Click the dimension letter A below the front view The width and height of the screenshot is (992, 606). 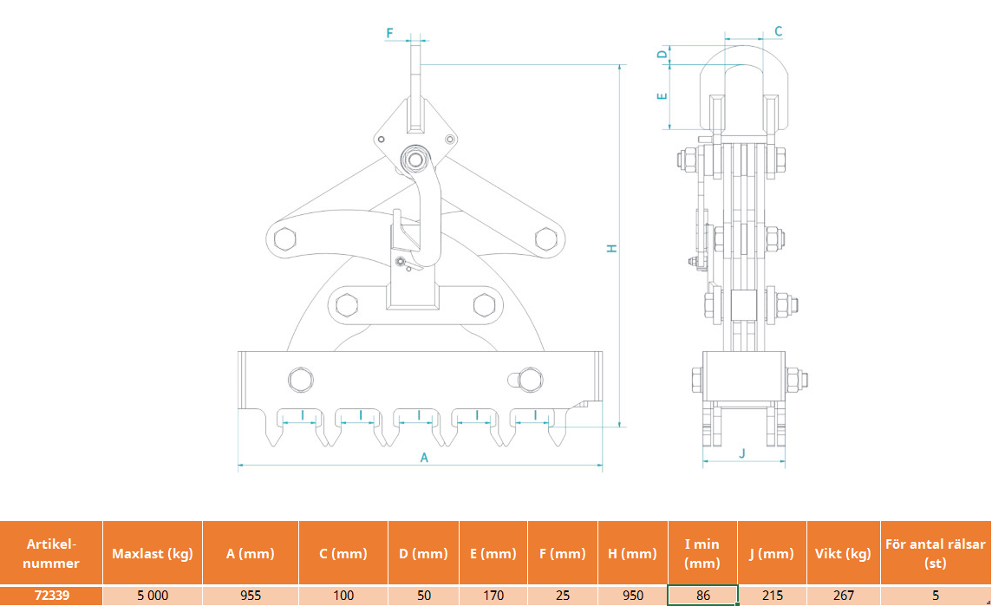coord(424,458)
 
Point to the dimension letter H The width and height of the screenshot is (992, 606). coord(612,249)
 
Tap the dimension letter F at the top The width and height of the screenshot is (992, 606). coord(389,33)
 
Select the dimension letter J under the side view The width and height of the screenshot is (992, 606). coord(743,453)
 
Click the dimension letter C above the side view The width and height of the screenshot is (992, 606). coord(778,31)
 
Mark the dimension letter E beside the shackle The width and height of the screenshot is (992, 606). coord(662,97)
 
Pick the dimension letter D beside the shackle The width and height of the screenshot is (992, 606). coord(662,54)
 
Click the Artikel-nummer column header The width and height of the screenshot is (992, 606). coord(51,553)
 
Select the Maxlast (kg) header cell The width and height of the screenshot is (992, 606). coord(153,553)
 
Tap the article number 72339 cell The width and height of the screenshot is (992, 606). coord(51,596)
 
